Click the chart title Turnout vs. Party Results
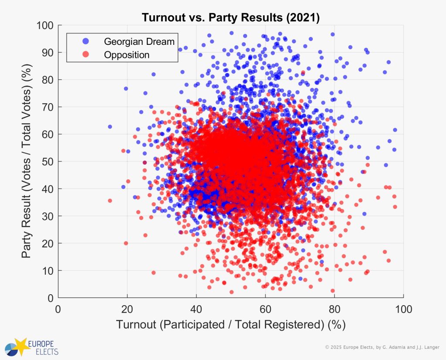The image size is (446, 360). [230, 18]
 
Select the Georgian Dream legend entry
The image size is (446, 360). [139, 41]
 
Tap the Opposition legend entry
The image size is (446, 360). [126, 55]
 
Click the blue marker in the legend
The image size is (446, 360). [85, 41]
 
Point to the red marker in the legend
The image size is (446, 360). [85, 55]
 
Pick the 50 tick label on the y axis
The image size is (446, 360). [47, 161]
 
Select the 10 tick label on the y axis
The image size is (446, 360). [47, 271]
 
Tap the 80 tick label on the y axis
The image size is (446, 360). [47, 80]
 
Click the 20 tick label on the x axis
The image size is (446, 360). [127, 309]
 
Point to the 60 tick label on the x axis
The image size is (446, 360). [265, 309]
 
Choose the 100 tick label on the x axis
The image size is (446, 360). [403, 309]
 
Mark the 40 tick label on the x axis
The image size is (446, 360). [196, 309]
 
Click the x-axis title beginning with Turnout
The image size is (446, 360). [230, 325]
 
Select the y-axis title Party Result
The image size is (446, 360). [27, 161]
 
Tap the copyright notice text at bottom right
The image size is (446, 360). [383, 347]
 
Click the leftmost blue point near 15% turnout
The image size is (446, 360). [110, 127]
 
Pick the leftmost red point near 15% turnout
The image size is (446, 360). [110, 201]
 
